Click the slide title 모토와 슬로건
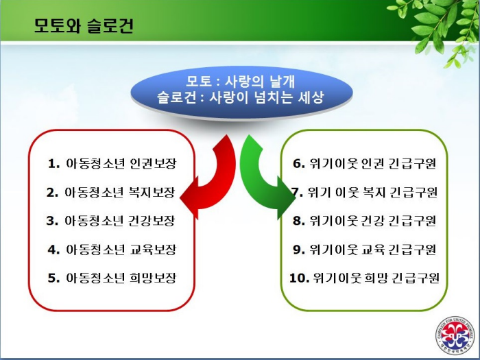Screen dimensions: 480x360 point(84,26)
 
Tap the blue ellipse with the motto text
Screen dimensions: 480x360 point(241,93)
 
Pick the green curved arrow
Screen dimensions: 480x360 point(266,178)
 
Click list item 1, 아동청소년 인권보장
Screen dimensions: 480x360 point(112,163)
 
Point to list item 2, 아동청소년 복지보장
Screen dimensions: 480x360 point(111,192)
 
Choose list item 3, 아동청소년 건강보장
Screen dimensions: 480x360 point(111,221)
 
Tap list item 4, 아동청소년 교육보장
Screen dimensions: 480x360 point(112,250)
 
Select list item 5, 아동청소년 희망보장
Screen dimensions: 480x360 point(112,278)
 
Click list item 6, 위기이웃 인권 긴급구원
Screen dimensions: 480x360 point(364,163)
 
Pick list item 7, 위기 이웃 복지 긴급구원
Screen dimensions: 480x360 point(364,192)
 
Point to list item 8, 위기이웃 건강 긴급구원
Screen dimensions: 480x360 point(364,221)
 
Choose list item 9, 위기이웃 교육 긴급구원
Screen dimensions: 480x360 point(364,250)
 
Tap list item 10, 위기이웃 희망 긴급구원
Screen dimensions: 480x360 point(364,278)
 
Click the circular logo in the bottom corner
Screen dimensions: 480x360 point(456,336)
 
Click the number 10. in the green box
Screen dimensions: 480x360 point(299,278)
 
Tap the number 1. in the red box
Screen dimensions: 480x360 point(53,164)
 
